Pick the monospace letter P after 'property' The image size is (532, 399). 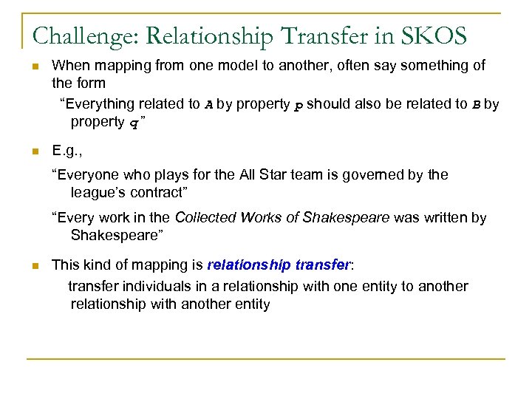pyautogui.click(x=298, y=104)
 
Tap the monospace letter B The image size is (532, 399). pyautogui.click(x=475, y=104)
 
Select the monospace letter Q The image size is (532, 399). pyautogui.click(x=134, y=123)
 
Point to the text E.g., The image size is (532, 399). pyautogui.click(x=67, y=151)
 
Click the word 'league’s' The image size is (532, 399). pyautogui.click(x=97, y=193)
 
